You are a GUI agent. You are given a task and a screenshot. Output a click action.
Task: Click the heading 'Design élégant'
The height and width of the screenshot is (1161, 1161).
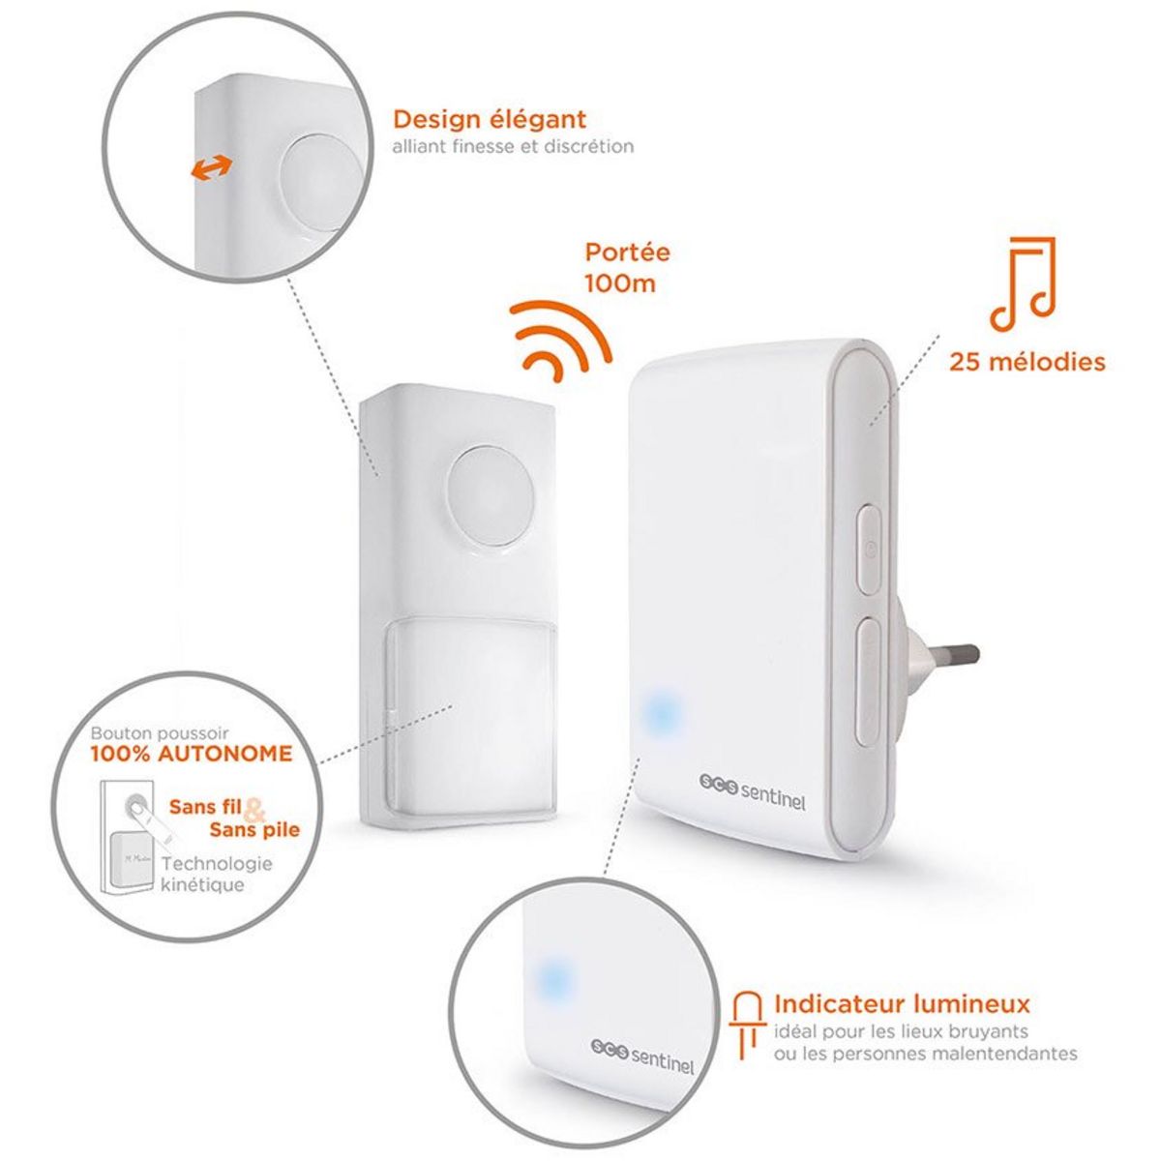pos(489,120)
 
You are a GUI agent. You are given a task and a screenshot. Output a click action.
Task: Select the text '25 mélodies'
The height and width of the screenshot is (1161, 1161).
pos(1027,363)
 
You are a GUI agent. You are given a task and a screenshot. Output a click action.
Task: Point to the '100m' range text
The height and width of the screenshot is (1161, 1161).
pos(620,283)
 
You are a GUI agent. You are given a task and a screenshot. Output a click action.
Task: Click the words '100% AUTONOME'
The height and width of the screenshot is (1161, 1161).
pos(192,754)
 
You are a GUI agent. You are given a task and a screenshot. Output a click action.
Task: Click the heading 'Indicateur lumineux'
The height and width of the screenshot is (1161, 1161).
pos(902,1003)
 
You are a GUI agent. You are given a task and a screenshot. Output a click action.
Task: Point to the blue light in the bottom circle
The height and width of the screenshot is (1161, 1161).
pos(553,980)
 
